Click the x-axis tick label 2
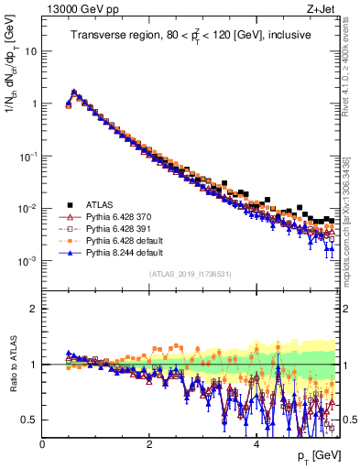click(x=148, y=444)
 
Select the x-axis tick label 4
click(x=256, y=444)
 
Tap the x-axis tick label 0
click(x=42, y=444)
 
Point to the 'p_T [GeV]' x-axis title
click(x=314, y=456)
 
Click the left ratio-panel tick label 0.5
click(x=29, y=420)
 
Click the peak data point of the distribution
click(x=73, y=92)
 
